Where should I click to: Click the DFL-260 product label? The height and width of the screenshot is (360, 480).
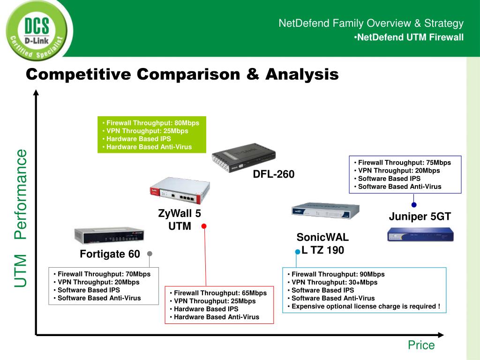click(274, 174)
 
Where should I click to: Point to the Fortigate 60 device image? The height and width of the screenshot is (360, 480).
click(109, 236)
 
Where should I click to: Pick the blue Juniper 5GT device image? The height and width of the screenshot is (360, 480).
click(420, 234)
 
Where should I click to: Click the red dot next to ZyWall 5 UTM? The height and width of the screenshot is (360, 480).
click(204, 226)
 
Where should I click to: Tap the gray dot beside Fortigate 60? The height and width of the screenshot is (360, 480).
click(150, 254)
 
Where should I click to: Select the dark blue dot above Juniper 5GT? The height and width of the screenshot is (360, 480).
click(414, 204)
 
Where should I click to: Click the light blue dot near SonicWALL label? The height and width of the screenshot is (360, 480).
click(297, 252)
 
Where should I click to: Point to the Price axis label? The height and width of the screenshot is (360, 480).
click(421, 345)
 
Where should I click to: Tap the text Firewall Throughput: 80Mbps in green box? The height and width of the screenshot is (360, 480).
click(152, 123)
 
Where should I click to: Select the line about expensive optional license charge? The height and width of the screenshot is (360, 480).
click(366, 306)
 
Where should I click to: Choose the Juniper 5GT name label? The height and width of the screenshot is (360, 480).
click(420, 217)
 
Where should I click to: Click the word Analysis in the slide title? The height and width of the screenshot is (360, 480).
click(302, 74)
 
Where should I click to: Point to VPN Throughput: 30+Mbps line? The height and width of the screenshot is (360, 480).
click(334, 282)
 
